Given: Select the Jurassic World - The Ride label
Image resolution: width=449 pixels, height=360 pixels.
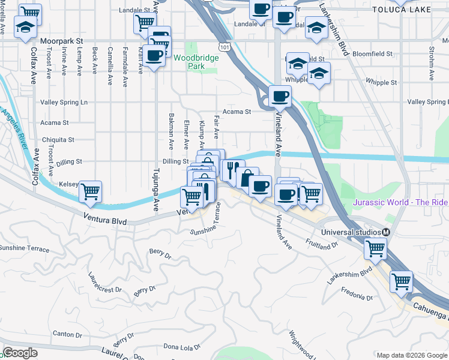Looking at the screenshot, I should click(400, 202).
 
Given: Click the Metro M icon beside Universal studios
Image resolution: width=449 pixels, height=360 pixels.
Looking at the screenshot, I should click(387, 232).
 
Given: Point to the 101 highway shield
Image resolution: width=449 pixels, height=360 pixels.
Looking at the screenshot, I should click(224, 46).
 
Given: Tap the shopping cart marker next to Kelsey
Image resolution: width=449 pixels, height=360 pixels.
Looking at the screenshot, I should click(90, 192).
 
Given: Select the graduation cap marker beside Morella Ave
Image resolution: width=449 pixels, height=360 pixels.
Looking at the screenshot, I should click(25, 28).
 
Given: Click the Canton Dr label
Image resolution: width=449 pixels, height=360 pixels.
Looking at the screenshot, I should click(64, 334).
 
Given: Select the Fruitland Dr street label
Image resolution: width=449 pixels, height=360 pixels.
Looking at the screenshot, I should click(322, 245).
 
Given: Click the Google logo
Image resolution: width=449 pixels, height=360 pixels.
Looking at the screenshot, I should click(20, 353).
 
